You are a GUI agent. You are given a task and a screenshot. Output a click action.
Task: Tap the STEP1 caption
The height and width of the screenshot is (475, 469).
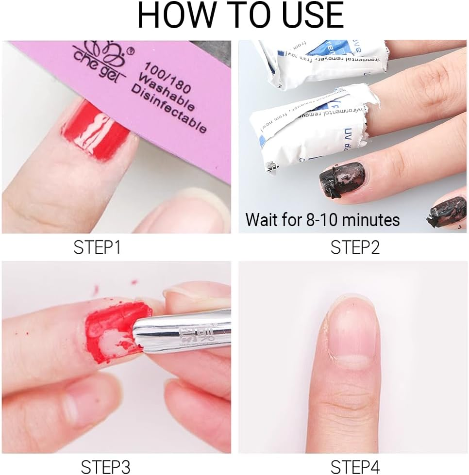(97, 247)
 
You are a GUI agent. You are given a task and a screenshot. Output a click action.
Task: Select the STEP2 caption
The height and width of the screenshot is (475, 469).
(355, 247)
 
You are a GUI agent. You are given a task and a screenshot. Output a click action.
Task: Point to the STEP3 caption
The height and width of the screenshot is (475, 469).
(105, 466)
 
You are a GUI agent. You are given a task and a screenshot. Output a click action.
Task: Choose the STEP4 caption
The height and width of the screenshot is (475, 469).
(355, 466)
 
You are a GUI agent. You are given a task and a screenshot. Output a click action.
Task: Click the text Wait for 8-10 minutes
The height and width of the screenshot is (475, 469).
(322, 220)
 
